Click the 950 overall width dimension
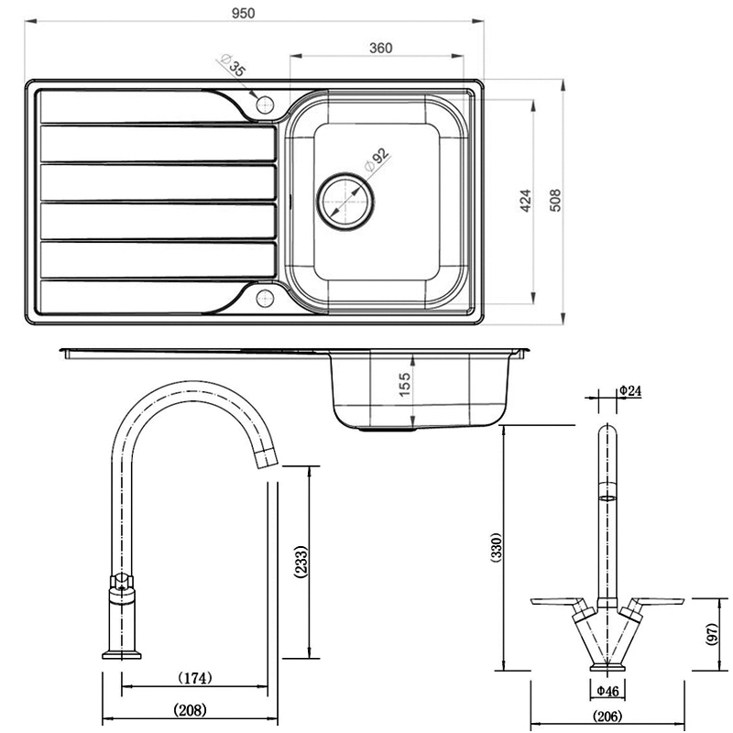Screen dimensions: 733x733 [x=244, y=13]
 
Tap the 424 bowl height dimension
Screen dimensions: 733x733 [x=525, y=201]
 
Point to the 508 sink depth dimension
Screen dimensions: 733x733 [x=553, y=201]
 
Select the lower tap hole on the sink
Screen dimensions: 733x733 [x=265, y=297]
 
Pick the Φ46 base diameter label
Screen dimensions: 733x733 [x=606, y=690]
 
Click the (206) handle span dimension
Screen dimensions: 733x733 [x=607, y=717]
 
